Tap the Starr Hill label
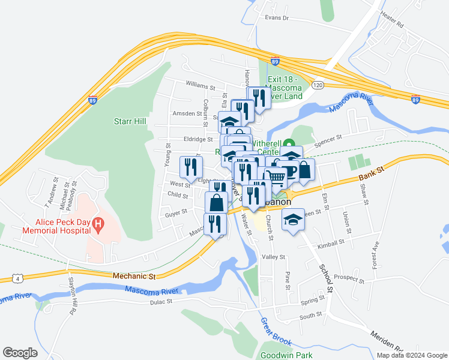[x=130, y=121]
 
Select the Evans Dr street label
[x=277, y=18]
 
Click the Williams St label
[x=200, y=87]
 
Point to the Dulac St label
[x=161, y=302]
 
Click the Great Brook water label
[x=276, y=331]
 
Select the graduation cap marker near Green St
[x=294, y=220]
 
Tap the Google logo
[x=20, y=353]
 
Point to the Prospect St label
[x=349, y=277]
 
